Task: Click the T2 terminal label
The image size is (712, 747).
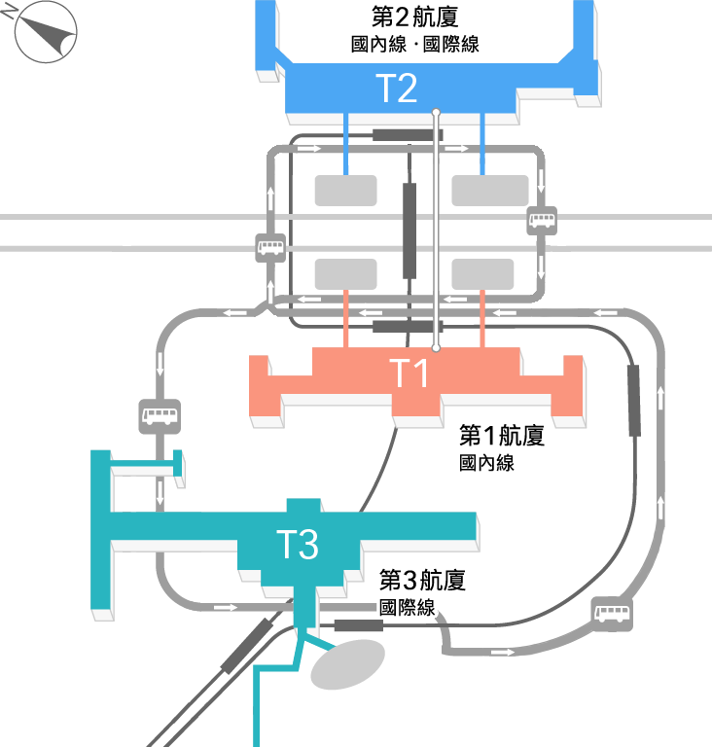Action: (396, 89)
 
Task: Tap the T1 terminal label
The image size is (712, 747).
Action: (409, 373)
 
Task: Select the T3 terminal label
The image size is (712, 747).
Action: (298, 546)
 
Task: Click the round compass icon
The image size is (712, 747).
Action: (46, 32)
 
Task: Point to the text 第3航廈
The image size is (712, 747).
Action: (424, 582)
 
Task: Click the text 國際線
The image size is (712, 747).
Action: (408, 609)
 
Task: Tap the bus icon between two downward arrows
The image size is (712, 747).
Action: (542, 220)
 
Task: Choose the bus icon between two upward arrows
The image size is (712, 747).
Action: (270, 247)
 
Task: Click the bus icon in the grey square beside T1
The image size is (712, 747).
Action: (160, 416)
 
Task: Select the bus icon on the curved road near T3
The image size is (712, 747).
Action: (612, 614)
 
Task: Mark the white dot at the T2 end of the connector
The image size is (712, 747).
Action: (436, 114)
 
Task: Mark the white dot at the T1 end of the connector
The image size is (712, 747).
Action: (436, 347)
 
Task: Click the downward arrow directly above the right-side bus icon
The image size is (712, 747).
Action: (541, 181)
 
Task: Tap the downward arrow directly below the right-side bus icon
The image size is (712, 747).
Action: (541, 267)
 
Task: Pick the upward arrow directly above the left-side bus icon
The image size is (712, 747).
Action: (270, 199)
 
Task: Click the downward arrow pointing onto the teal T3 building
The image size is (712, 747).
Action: (160, 492)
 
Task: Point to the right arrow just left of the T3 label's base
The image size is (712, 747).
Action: (225, 608)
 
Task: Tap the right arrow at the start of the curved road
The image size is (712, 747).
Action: (502, 652)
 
